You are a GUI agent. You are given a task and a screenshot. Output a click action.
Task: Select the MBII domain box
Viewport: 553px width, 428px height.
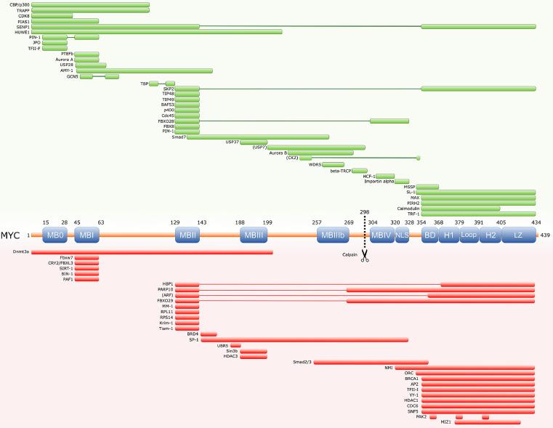[x=187, y=235]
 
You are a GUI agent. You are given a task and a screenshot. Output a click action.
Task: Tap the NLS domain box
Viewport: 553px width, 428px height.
[x=403, y=235]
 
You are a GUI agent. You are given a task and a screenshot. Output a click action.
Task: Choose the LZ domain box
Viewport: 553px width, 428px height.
[x=518, y=235]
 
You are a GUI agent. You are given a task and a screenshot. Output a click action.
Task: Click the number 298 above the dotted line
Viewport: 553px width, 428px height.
[x=365, y=211]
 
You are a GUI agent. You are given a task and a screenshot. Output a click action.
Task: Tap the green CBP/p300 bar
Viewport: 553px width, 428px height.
[x=91, y=5]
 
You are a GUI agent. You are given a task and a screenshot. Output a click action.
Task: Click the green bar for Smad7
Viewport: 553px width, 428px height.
[x=258, y=137]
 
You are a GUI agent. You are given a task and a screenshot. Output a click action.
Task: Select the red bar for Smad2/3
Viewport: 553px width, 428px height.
[x=371, y=362]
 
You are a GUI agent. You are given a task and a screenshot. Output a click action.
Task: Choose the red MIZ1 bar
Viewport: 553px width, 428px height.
[x=488, y=422]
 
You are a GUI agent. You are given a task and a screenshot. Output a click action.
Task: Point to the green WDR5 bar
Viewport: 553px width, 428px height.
[x=333, y=164]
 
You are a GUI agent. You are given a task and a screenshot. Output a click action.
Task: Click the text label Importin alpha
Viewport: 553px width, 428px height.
[x=379, y=181]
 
